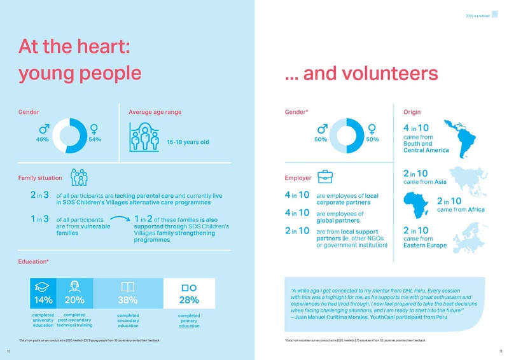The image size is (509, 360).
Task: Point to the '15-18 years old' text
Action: (x=188, y=142)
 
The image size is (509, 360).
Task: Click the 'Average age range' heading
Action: (x=155, y=112)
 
